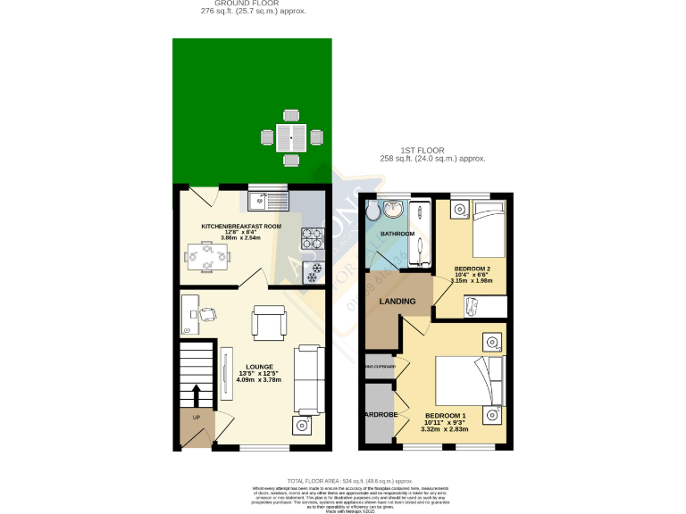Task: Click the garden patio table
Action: [x=290, y=137]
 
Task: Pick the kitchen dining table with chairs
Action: [x=207, y=258]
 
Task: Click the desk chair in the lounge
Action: [x=207, y=313]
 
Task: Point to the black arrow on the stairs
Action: [x=197, y=394]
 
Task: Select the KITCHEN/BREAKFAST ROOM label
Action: [x=241, y=227]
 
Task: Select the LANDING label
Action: [x=397, y=302]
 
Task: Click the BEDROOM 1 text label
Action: [x=445, y=416]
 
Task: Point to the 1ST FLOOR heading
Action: [x=422, y=151]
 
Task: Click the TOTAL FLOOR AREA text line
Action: [x=350, y=480]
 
